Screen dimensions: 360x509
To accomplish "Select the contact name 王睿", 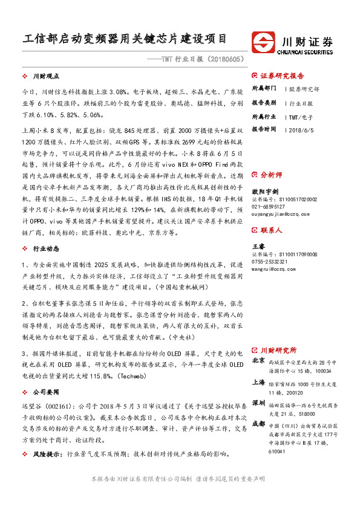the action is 258,247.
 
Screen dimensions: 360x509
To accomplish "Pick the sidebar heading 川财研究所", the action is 278,349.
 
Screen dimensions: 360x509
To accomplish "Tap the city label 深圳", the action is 258,403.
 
